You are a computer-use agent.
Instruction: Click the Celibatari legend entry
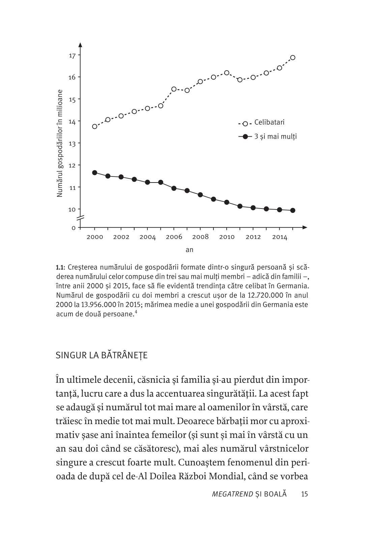(269, 122)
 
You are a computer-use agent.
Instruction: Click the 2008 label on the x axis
(200, 237)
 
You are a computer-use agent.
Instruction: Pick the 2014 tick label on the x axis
(280, 237)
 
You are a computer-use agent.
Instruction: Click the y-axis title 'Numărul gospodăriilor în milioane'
(60, 143)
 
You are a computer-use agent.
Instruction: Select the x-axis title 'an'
(190, 250)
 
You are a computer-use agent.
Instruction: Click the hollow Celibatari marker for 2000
(95, 127)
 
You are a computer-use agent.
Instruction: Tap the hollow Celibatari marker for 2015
(293, 58)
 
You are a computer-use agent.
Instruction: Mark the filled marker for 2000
(95, 173)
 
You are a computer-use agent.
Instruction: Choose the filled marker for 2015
(293, 211)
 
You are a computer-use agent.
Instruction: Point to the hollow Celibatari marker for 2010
(227, 73)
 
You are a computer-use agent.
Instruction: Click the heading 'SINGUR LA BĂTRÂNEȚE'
(102, 356)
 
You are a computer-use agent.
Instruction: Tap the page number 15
(304, 494)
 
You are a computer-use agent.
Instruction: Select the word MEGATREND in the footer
(232, 494)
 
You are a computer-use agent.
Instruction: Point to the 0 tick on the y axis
(74, 228)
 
